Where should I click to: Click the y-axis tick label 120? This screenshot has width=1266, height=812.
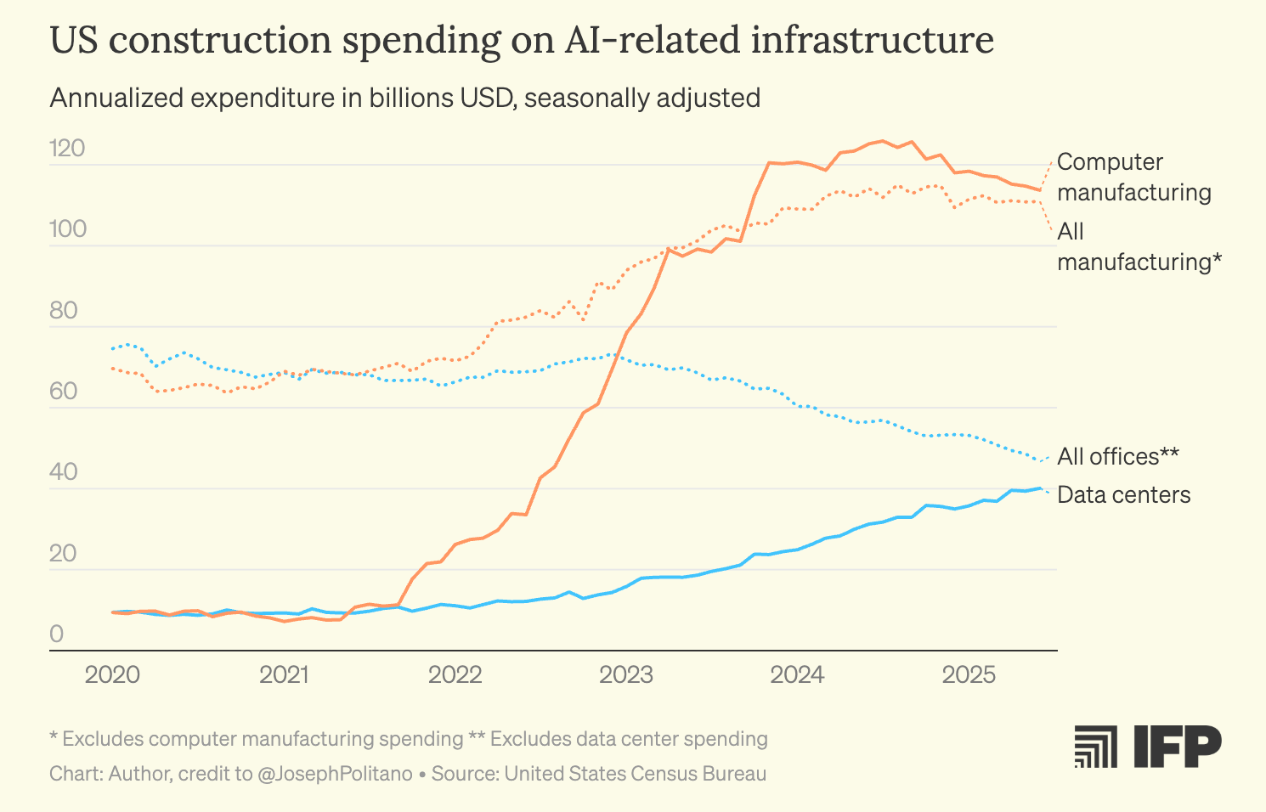click(x=67, y=149)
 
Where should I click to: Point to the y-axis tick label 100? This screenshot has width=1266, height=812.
click(x=67, y=229)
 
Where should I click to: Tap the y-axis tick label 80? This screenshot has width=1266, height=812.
click(x=64, y=311)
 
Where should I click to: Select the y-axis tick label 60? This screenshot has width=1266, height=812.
click(x=64, y=392)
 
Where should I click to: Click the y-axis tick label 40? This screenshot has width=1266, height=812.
click(x=64, y=472)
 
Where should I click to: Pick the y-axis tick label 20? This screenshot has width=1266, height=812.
click(x=64, y=554)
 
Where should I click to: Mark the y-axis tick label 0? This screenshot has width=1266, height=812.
click(x=57, y=634)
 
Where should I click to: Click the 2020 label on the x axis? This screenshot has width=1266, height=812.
click(x=112, y=675)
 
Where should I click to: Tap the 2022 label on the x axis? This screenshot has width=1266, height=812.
click(x=455, y=675)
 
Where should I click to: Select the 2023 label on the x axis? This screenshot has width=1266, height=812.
click(x=626, y=675)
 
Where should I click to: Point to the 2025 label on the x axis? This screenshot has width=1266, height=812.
click(x=969, y=675)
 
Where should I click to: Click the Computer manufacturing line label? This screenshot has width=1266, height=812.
click(x=1133, y=178)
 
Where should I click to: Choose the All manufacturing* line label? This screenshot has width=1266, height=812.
click(x=1139, y=247)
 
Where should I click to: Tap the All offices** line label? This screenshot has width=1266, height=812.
click(x=1118, y=457)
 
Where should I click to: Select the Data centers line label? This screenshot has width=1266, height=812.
click(x=1123, y=495)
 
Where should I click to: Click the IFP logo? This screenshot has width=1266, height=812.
click(x=1148, y=747)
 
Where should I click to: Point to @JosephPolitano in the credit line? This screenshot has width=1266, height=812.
click(x=335, y=774)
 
